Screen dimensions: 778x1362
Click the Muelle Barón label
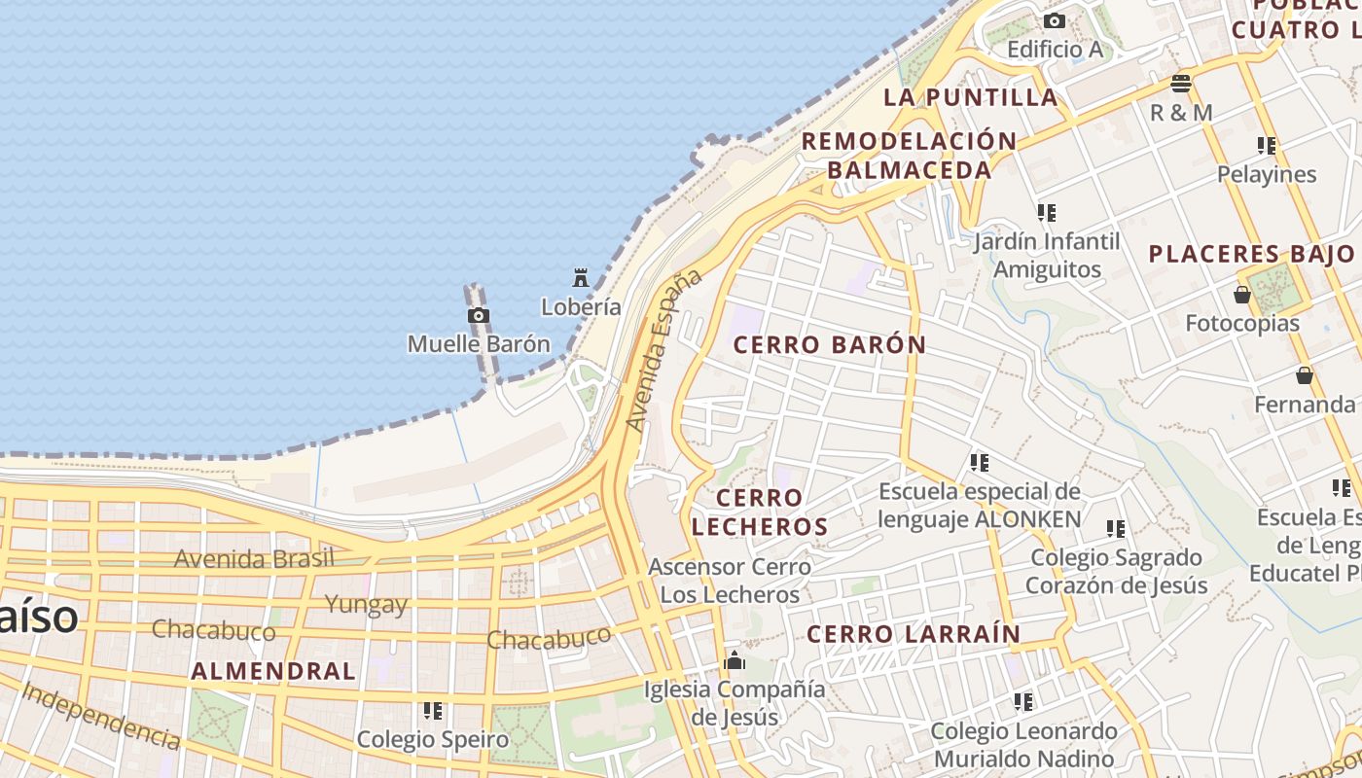pos(478,343)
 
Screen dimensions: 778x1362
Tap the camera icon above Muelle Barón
pos(478,316)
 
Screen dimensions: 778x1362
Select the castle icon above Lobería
pos(581,279)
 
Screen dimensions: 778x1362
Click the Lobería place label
pos(581,306)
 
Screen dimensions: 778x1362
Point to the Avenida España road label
pos(663,350)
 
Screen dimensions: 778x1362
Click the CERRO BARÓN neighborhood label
pos(829,344)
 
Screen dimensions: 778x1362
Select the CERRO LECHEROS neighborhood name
pos(759,513)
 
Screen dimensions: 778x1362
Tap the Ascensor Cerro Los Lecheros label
pos(730,581)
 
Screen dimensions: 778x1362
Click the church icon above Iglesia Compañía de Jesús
pos(735,662)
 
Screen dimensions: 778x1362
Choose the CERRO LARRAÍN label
pos(914,634)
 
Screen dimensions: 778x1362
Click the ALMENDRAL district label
pos(273,670)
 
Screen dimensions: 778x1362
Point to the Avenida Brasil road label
pos(254,558)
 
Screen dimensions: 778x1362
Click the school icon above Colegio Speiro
pos(433,711)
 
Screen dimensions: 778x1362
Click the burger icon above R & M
pos(1181,84)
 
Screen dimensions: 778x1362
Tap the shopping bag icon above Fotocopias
pos(1242,295)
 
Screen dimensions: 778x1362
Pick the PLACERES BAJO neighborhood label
pos(1251,255)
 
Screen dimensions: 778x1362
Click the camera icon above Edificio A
pos(1055,20)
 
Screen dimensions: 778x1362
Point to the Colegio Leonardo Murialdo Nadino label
pos(1023,744)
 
